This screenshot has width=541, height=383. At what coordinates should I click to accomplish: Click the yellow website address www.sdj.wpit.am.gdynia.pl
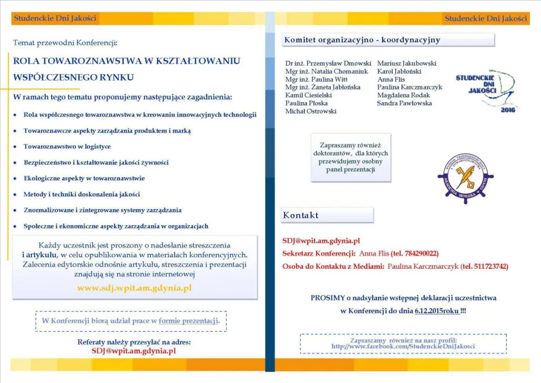click(134, 288)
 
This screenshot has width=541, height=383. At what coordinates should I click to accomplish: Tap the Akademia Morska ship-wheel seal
click(465, 178)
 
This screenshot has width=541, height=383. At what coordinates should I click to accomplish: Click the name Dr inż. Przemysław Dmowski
click(328, 64)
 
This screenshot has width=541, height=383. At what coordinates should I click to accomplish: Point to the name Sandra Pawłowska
click(404, 103)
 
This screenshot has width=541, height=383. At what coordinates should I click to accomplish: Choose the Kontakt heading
click(301, 216)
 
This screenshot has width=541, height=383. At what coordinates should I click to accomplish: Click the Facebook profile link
click(403, 346)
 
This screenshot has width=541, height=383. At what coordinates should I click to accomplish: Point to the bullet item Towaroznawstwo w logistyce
click(67, 147)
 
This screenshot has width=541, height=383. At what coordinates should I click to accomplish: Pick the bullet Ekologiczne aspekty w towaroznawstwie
click(84, 178)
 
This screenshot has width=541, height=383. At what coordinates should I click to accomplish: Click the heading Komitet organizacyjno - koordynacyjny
click(362, 40)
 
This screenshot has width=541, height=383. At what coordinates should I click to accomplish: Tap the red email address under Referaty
click(134, 351)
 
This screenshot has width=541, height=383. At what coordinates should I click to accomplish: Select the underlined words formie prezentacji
click(188, 321)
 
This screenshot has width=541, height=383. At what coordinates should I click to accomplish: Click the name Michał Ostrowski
click(311, 111)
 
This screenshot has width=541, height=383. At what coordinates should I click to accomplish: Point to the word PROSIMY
click(328, 298)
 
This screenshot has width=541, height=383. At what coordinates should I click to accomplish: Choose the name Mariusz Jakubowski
click(406, 64)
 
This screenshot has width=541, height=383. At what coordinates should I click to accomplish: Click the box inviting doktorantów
click(350, 157)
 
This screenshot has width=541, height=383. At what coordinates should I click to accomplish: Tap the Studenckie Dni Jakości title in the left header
click(55, 18)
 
